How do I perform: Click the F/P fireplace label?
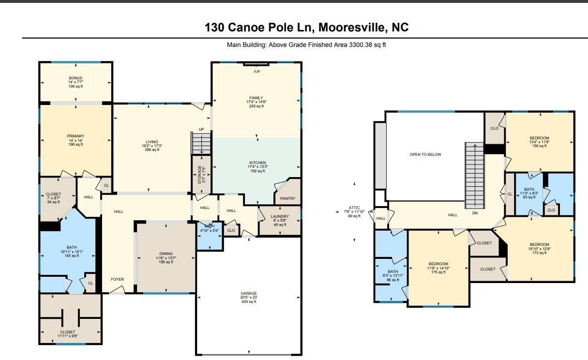click(x=257, y=72)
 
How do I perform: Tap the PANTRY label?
click(x=287, y=198)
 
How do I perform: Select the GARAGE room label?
click(x=249, y=293)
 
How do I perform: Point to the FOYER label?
click(x=117, y=279)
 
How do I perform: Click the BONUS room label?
click(x=75, y=78)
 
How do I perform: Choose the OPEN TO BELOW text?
click(x=425, y=154)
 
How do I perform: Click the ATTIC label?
click(x=354, y=208)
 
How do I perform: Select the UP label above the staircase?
click(x=201, y=129)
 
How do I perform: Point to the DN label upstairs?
click(x=475, y=213)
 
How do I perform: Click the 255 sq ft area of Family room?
click(x=256, y=106)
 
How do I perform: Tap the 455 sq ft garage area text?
click(x=249, y=302)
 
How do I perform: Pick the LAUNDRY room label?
click(x=280, y=216)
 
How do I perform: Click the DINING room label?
click(x=166, y=254)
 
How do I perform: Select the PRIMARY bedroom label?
click(x=75, y=136)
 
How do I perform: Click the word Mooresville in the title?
click(x=351, y=27)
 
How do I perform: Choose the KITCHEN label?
click(x=258, y=163)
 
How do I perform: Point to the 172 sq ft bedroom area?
click(x=540, y=253)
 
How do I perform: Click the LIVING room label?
click(x=152, y=142)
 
